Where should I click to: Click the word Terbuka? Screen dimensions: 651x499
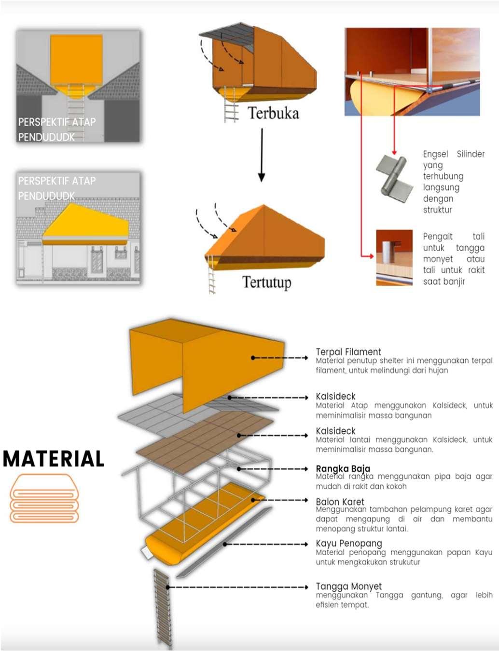(273, 113)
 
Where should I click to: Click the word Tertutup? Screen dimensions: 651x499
(266, 282)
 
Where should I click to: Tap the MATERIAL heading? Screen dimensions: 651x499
(54, 459)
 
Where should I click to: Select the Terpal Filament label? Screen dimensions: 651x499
(348, 352)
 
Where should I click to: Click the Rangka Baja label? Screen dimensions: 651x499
(343, 468)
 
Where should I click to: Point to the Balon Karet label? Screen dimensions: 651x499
(340, 502)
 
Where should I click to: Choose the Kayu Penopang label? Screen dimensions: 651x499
(348, 543)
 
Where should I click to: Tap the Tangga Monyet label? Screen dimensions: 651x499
(348, 586)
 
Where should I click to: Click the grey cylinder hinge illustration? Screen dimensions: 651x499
(395, 176)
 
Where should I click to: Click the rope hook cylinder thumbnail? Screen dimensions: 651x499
(394, 257)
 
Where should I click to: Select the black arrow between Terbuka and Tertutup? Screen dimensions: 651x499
(262, 155)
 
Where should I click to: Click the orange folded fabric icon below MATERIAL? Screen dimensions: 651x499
(44, 499)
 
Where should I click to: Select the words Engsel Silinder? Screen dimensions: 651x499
(453, 154)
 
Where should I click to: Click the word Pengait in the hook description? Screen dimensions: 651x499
(437, 236)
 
